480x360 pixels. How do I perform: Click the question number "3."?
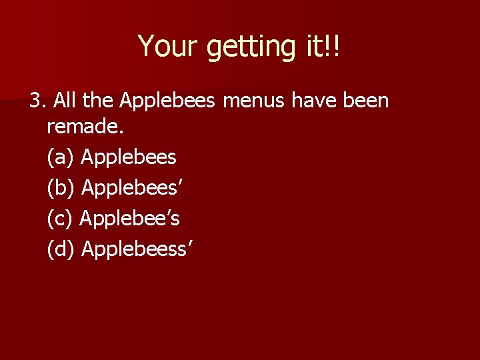(37, 101)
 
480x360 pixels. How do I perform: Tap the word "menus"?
(255, 101)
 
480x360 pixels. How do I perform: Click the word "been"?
(367, 101)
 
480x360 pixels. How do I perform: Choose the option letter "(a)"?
(61, 158)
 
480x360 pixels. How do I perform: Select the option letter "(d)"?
(61, 248)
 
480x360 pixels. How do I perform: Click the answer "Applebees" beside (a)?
(129, 158)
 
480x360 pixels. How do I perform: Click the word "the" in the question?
(98, 101)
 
